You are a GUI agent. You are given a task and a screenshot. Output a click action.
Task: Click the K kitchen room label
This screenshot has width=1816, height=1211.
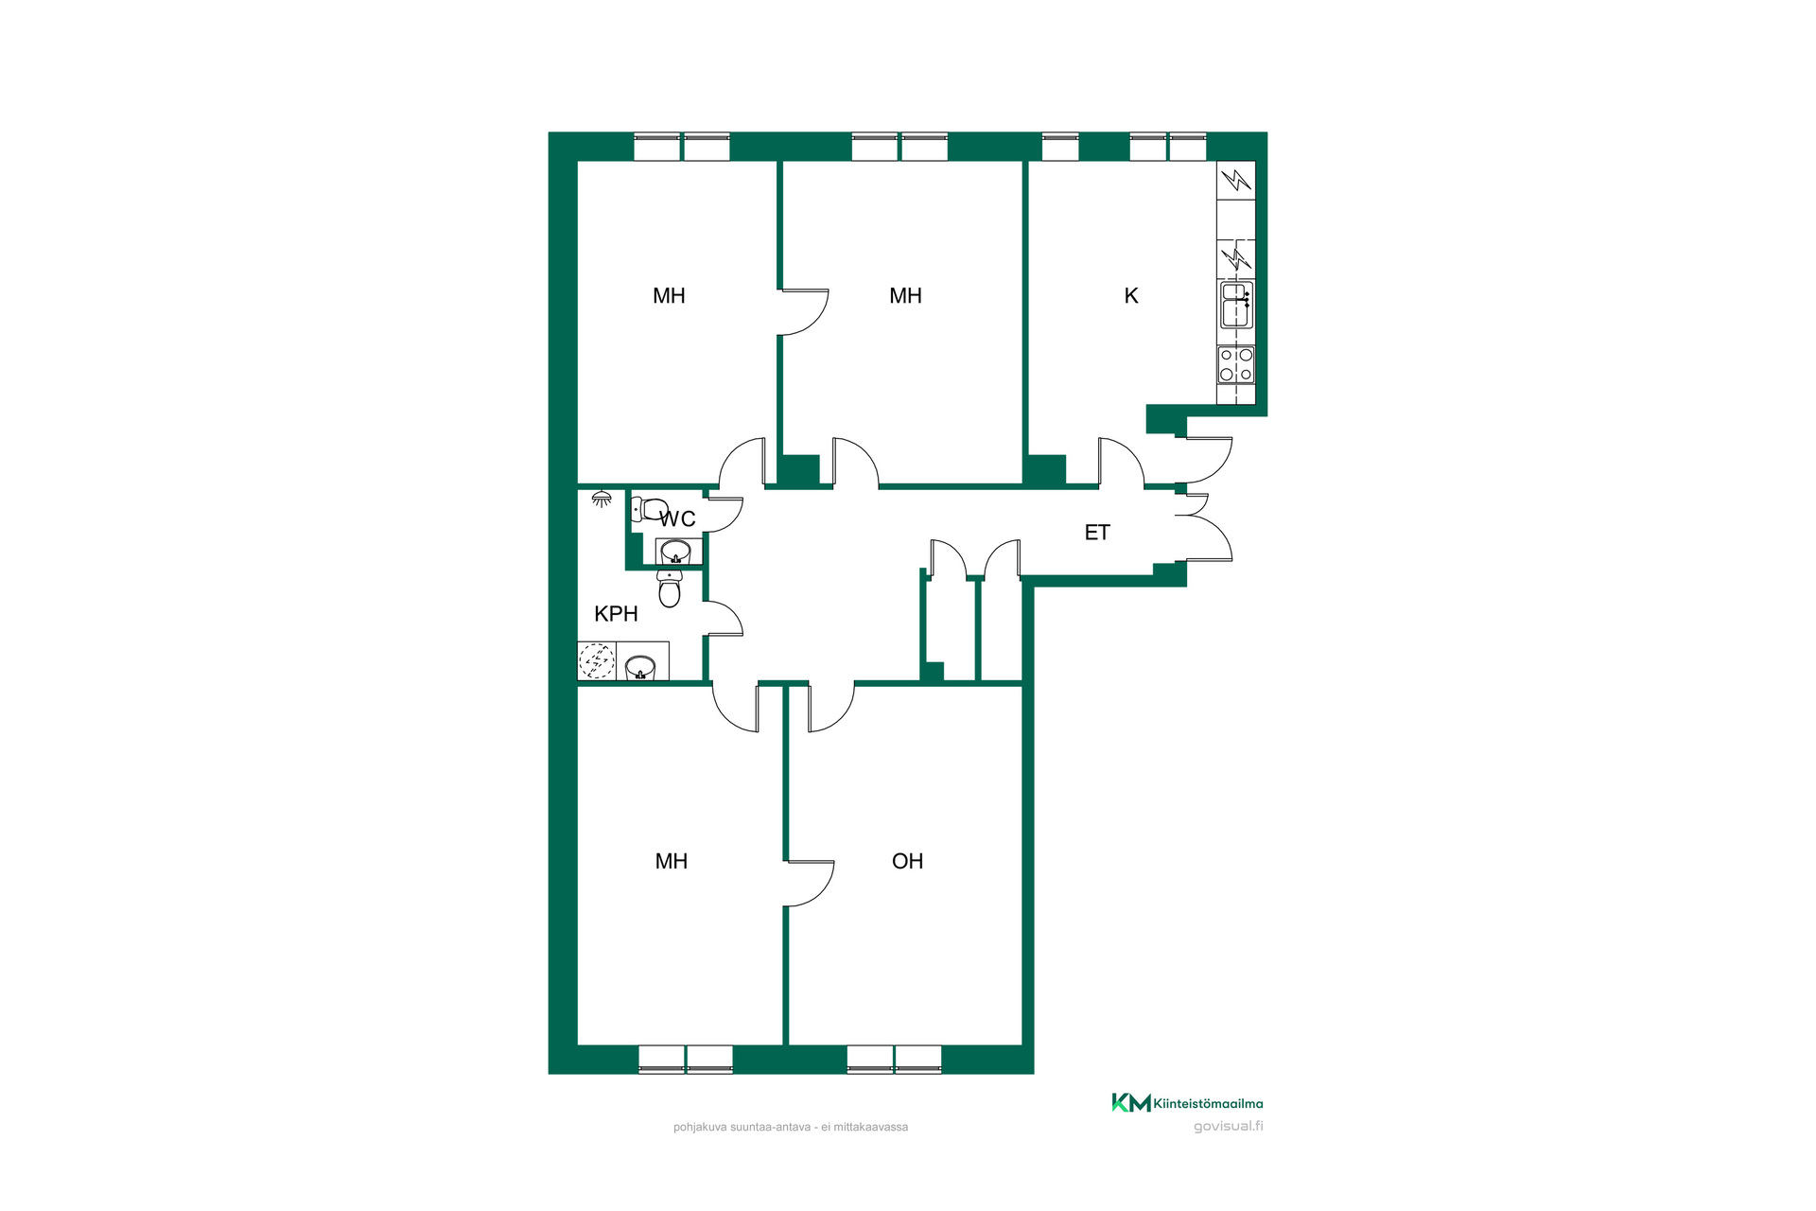coord(1131,296)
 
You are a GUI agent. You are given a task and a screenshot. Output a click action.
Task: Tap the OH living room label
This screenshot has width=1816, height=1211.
coord(907,861)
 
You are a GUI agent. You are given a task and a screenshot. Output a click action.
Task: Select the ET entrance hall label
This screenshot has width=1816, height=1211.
coord(1097,533)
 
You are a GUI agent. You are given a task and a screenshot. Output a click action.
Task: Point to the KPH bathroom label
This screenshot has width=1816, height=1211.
coord(616,614)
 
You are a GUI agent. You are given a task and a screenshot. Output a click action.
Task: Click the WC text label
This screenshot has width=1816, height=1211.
coord(677,519)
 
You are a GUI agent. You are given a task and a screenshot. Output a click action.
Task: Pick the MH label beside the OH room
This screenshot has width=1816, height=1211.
coord(672,861)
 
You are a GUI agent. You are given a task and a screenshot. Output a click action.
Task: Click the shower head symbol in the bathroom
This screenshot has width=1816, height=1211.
coord(601,499)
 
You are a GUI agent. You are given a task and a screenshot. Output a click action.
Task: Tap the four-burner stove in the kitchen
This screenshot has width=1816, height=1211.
coord(1235,364)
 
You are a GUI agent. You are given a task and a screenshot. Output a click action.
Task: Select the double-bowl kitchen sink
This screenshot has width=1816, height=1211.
coord(1236,305)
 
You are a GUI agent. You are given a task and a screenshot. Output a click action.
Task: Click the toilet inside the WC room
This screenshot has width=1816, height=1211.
coord(649,509)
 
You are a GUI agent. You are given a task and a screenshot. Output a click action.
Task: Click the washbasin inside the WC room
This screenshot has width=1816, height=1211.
coord(675,551)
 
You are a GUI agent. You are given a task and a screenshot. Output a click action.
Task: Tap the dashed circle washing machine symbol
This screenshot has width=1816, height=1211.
coord(597,660)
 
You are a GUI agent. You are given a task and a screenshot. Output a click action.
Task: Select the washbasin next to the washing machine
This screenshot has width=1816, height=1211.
coord(640,667)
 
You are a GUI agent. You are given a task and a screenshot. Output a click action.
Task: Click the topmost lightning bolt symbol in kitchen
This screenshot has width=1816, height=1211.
coord(1235,180)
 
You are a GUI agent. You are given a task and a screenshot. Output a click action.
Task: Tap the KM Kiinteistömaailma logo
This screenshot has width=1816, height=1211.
coord(1187,1103)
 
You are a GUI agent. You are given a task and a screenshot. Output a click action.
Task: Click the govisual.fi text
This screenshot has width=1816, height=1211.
coord(1228,1126)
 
